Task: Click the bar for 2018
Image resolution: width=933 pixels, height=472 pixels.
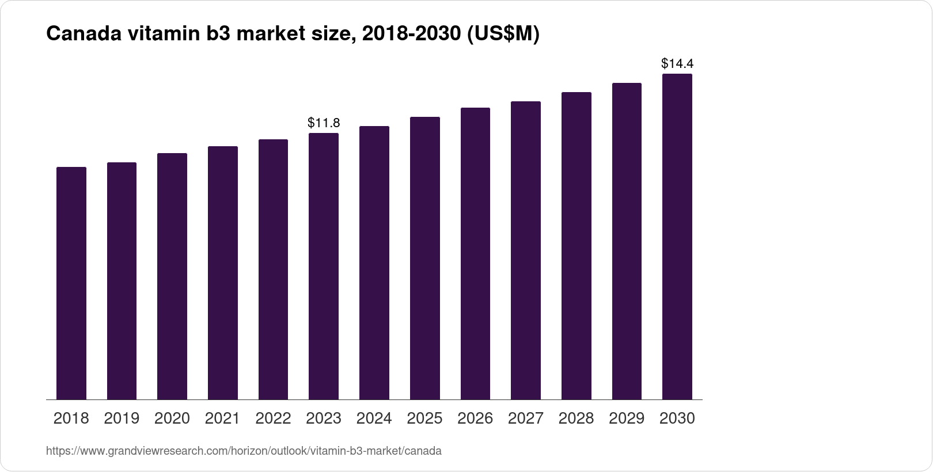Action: pyautogui.click(x=71, y=283)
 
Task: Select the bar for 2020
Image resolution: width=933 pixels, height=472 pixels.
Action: pyautogui.click(x=172, y=276)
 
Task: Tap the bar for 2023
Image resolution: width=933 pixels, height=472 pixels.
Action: pyautogui.click(x=324, y=266)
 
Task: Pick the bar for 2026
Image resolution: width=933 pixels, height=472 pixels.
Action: pyautogui.click(x=475, y=253)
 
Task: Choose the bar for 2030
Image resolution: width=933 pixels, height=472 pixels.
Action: pyautogui.click(x=677, y=237)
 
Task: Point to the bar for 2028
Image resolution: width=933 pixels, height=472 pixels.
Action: pyautogui.click(x=577, y=246)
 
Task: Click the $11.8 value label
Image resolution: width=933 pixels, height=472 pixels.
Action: pyautogui.click(x=324, y=123)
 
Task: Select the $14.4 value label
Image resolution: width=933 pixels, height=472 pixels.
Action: pyautogui.click(x=677, y=63)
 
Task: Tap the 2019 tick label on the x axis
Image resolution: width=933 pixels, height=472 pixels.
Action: pyautogui.click(x=122, y=418)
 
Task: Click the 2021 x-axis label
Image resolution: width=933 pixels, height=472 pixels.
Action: pyautogui.click(x=222, y=418)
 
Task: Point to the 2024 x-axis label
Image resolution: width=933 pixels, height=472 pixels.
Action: pyautogui.click(x=374, y=418)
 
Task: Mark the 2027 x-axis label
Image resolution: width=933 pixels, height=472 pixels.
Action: pyautogui.click(x=526, y=418)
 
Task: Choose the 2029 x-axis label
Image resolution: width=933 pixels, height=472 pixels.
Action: pyautogui.click(x=627, y=418)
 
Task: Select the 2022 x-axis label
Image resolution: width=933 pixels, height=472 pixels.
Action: pyautogui.click(x=273, y=418)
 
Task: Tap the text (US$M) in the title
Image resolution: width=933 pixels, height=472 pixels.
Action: pyautogui.click(x=503, y=35)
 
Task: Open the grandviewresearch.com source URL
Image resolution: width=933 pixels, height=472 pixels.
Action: pyautogui.click(x=244, y=451)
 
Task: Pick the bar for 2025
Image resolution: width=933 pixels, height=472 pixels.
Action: pyautogui.click(x=425, y=258)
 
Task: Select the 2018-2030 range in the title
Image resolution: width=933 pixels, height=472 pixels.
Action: pyautogui.click(x=408, y=35)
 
